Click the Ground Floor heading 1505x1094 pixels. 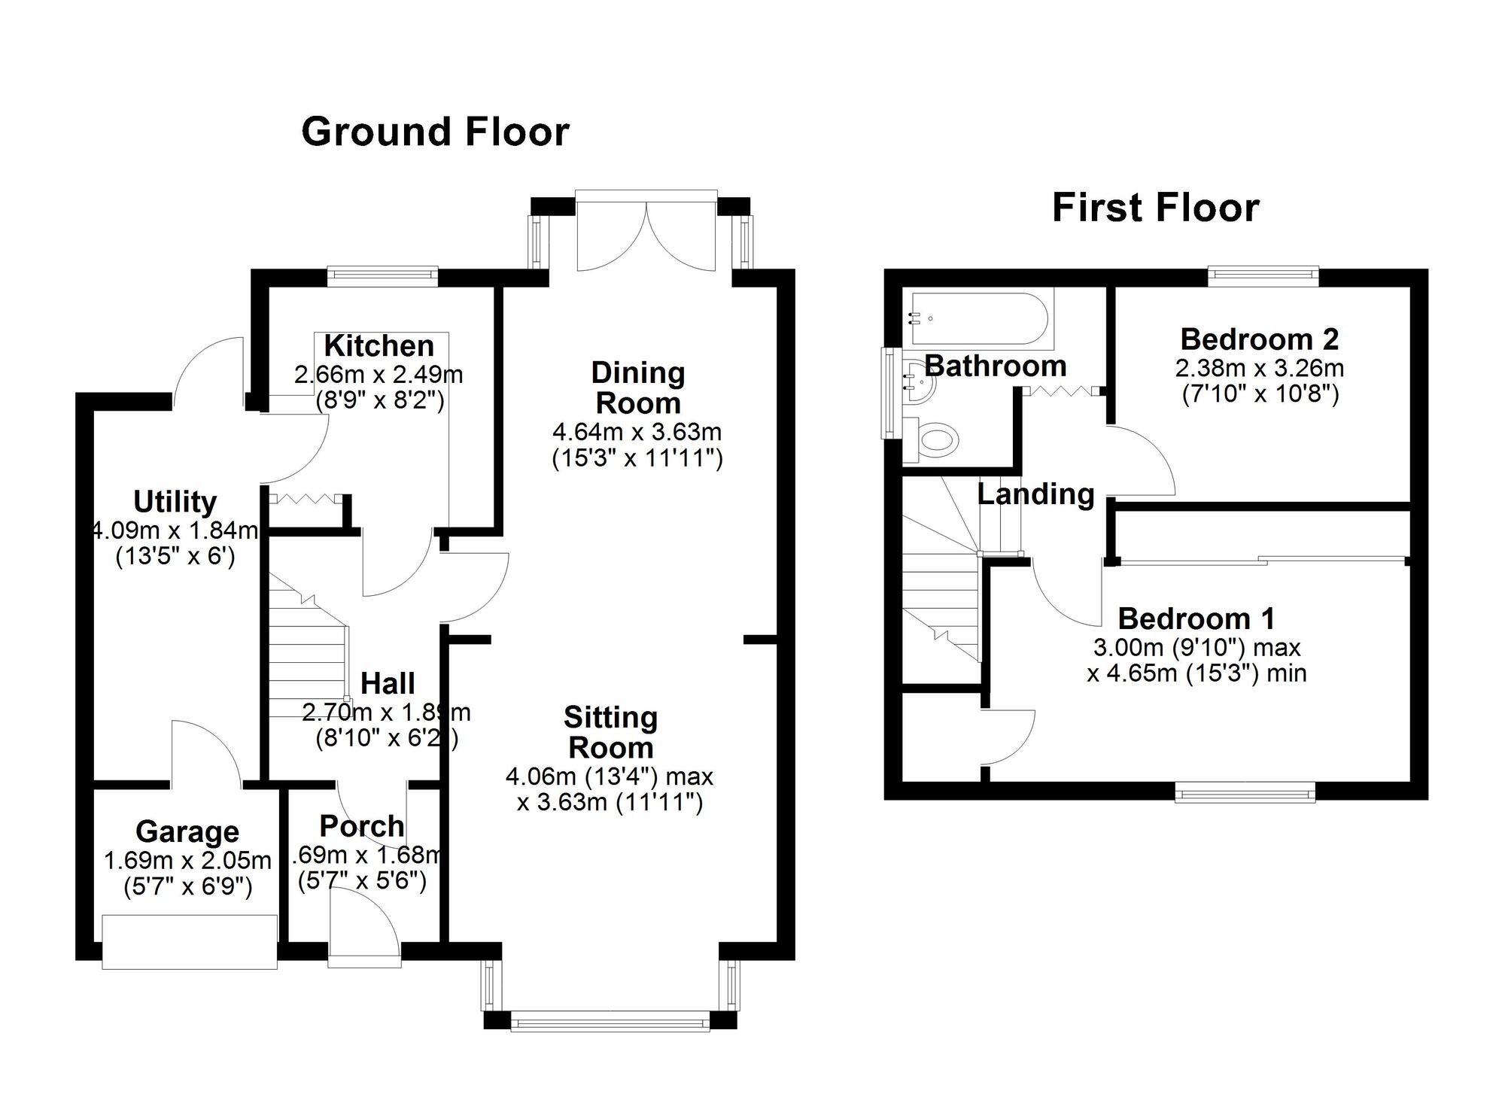click(435, 132)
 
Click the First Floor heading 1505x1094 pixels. click(1155, 208)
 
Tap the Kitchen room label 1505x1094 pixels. click(379, 346)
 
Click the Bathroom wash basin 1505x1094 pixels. click(920, 384)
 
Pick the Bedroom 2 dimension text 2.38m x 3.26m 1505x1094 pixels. click(1259, 368)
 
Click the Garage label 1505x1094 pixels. click(187, 831)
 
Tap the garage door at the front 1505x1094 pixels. click(190, 941)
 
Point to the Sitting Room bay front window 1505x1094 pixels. click(610, 1022)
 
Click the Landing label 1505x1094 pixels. click(1035, 494)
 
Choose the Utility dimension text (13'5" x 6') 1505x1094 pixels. click(175, 558)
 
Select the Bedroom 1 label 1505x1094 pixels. click(1196, 618)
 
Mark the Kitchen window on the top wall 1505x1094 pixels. click(382, 276)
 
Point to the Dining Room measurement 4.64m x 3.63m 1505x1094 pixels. click(637, 432)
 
